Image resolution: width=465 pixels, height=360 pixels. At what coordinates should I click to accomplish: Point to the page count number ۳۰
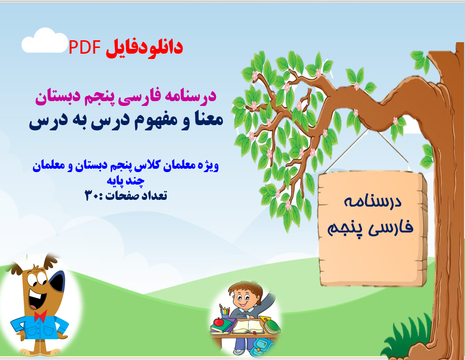tap(91, 195)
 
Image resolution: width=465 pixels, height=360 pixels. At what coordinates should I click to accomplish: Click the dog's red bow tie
tap(40, 315)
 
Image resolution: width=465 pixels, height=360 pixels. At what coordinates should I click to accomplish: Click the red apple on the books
tap(219, 322)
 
